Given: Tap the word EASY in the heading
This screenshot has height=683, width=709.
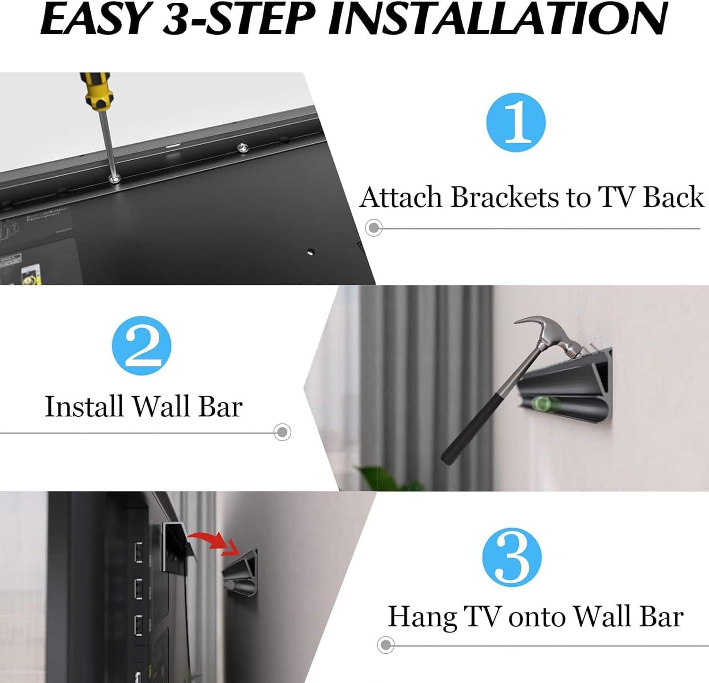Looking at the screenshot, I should (95, 19).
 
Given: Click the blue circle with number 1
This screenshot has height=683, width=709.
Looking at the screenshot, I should (516, 122).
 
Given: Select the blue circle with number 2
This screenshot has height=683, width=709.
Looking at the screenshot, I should (141, 346).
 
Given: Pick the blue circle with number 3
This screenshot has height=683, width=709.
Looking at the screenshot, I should (512, 557).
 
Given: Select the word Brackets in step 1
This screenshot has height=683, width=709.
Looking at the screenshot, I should (504, 197).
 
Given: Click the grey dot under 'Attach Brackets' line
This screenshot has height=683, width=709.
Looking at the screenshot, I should (374, 228).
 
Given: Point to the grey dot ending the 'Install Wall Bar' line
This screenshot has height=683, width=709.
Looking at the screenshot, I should (282, 432).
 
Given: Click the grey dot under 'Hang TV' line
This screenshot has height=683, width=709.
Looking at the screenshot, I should (386, 645).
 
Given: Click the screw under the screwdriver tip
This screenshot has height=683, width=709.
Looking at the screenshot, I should (114, 179).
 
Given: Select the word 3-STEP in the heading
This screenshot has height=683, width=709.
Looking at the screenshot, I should (239, 19).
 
